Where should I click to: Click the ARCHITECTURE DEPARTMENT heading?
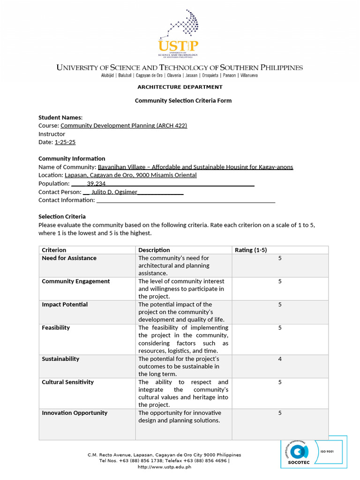(x=180, y=87)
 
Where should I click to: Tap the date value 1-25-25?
(x=65, y=142)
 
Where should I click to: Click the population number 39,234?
(x=96, y=184)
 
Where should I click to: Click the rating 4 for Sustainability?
(x=280, y=359)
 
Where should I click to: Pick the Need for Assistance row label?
(x=69, y=258)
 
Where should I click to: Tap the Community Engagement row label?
(x=75, y=281)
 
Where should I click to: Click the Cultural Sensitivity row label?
(x=67, y=382)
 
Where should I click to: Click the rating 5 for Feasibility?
(x=280, y=328)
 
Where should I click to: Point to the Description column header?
(x=154, y=250)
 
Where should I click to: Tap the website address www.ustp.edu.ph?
(x=165, y=467)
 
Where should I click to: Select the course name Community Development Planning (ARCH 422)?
(x=124, y=126)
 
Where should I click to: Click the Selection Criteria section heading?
(x=62, y=217)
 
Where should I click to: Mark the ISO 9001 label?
(x=327, y=452)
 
